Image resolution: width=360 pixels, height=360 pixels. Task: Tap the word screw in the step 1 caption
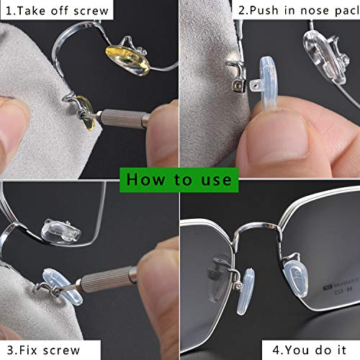[91, 10]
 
